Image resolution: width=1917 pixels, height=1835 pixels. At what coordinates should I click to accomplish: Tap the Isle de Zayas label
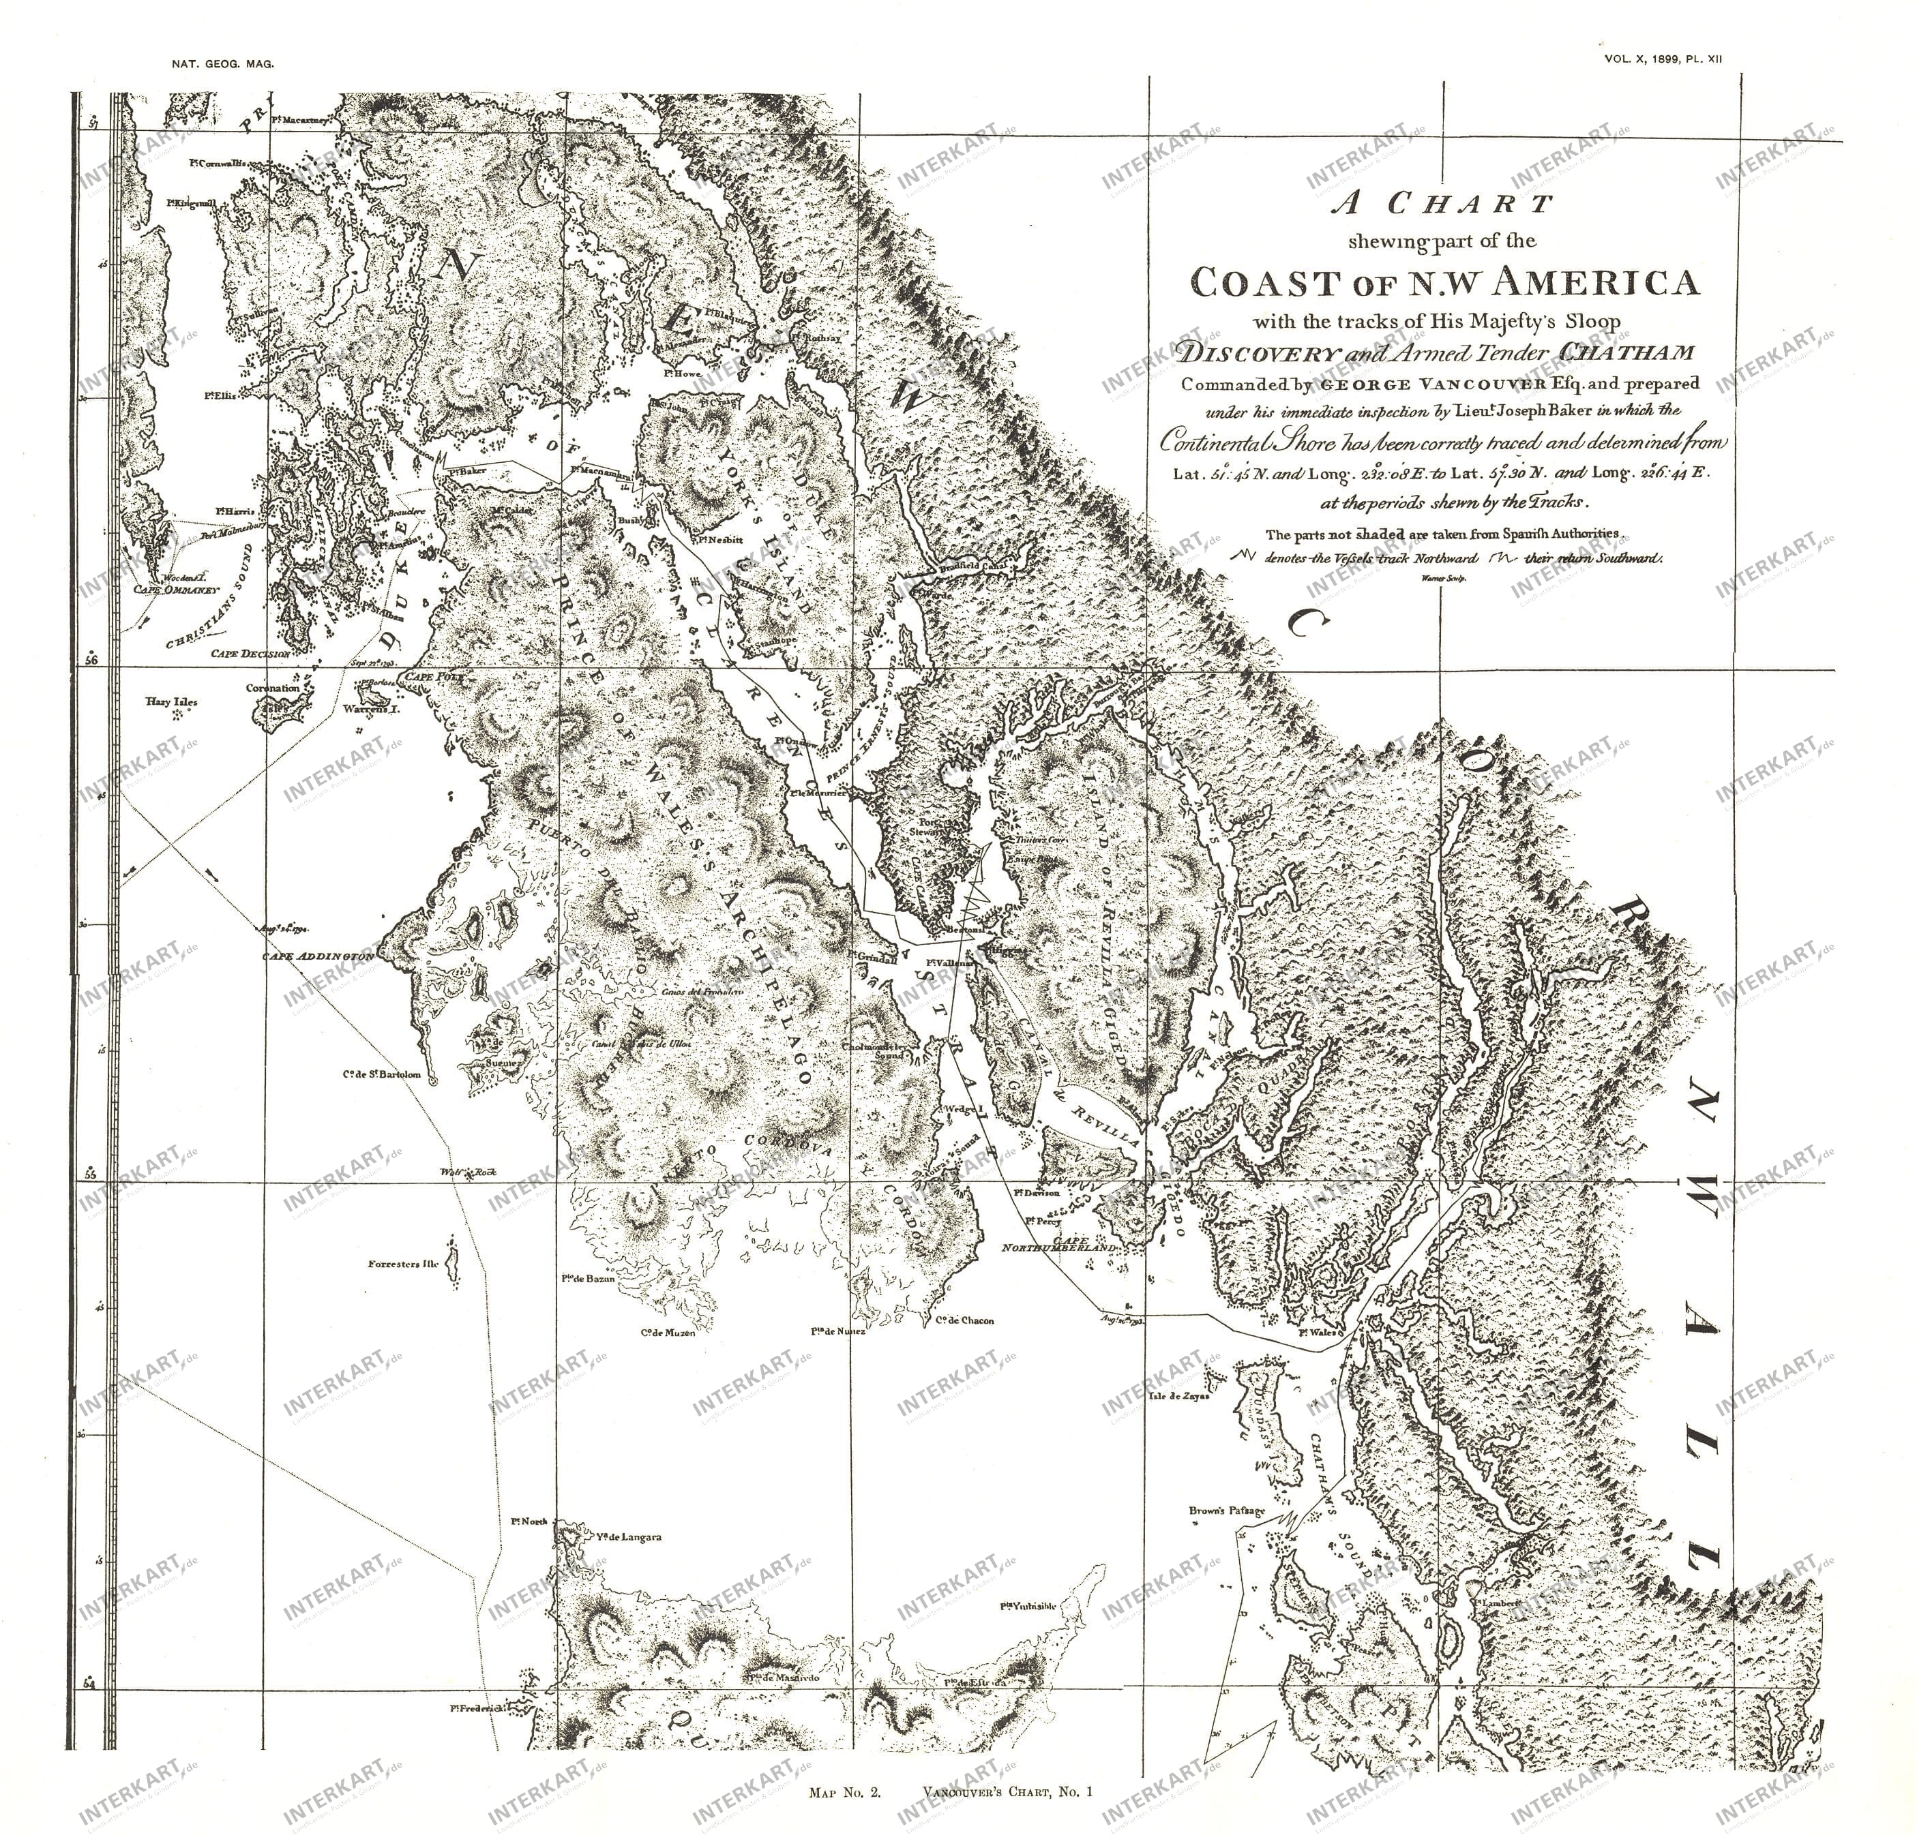point(1180,1397)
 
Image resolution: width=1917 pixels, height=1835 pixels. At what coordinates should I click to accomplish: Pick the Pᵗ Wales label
point(1316,1330)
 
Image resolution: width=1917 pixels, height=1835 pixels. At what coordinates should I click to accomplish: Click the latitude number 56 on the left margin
point(91,661)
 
